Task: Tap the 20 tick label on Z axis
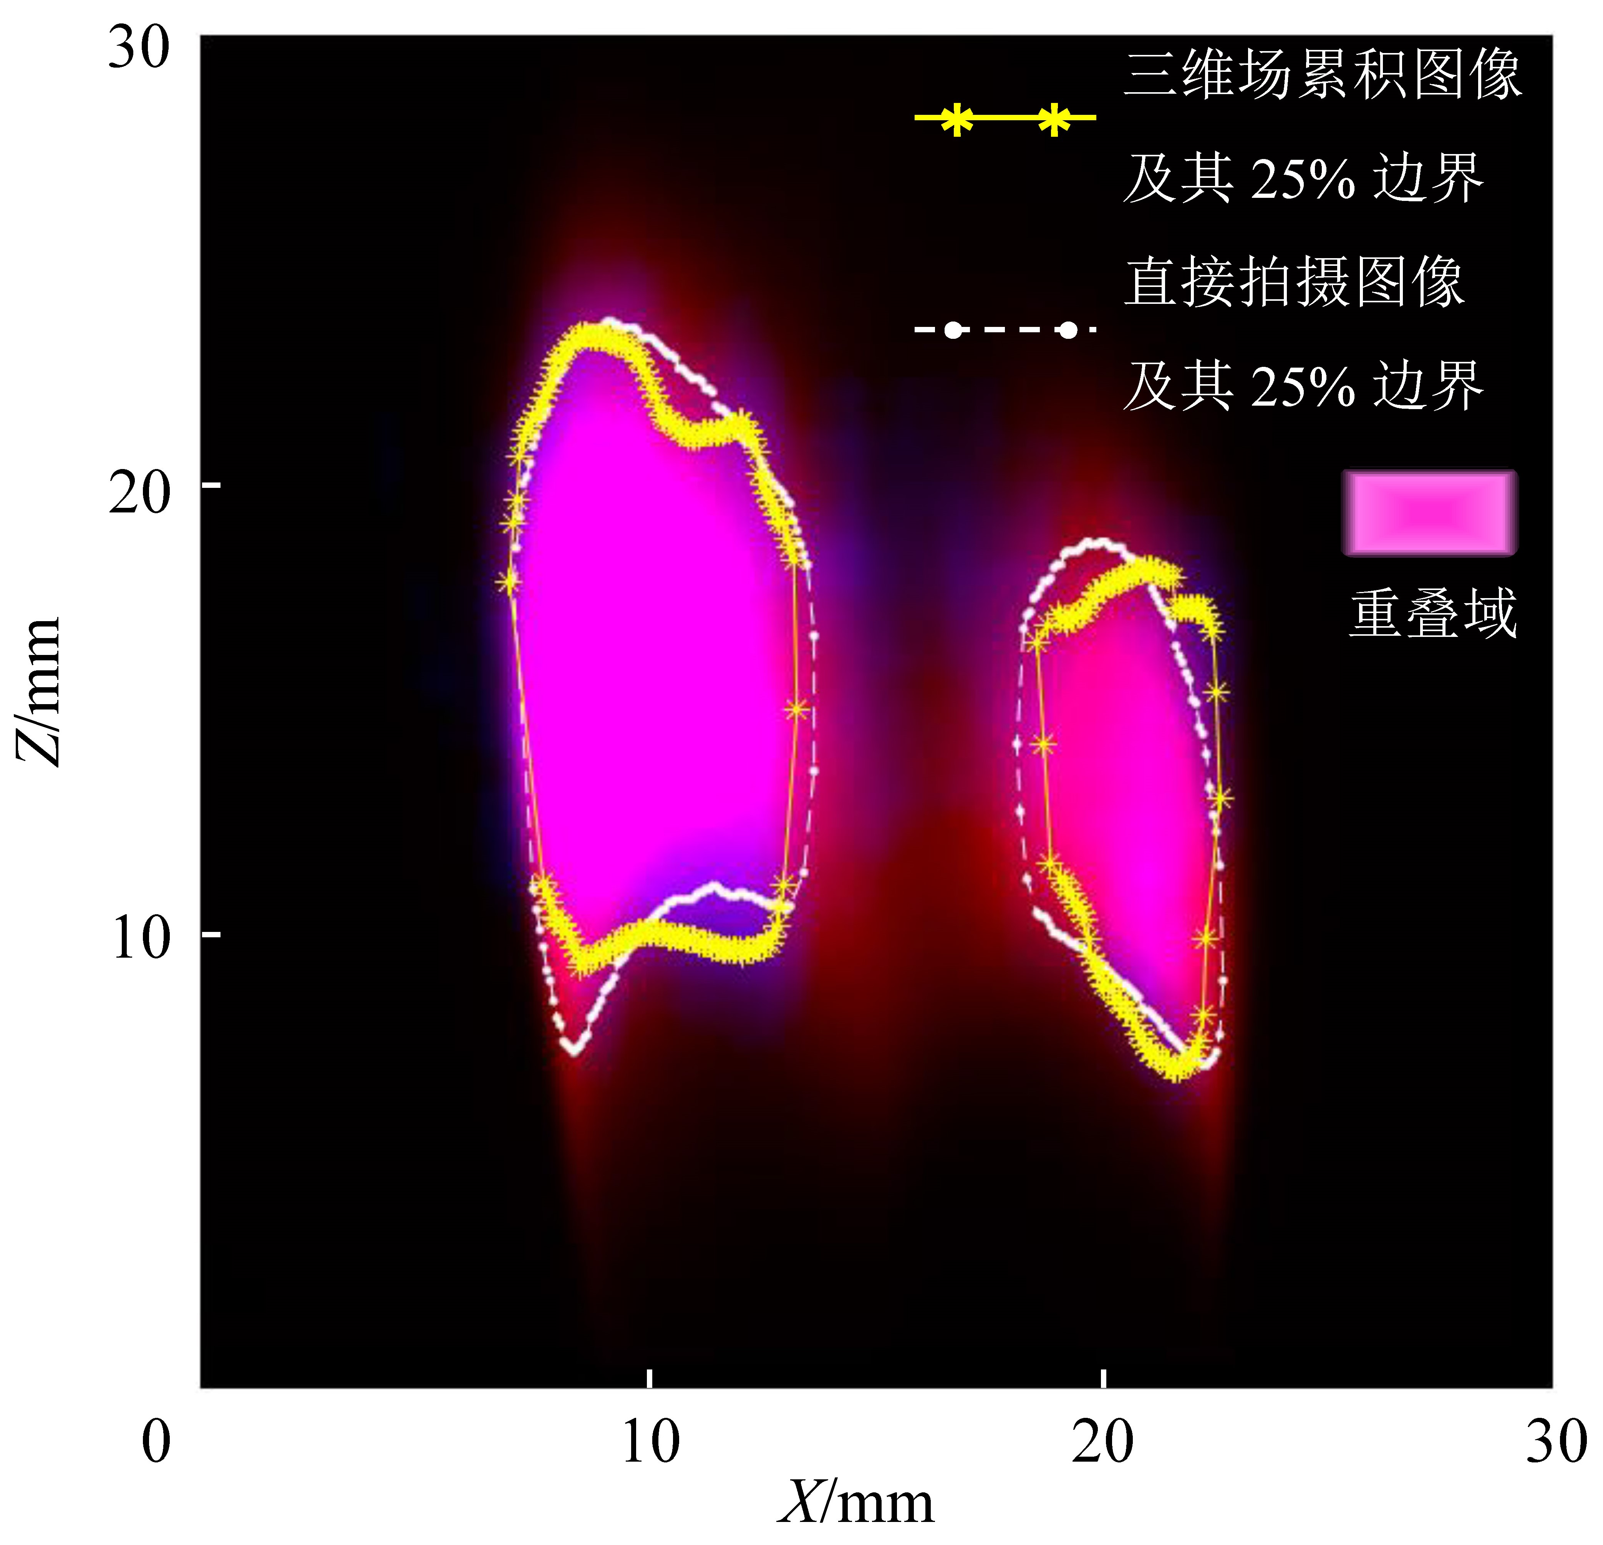tap(139, 493)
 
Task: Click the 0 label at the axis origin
tap(156, 1441)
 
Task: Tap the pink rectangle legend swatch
tap(1429, 513)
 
